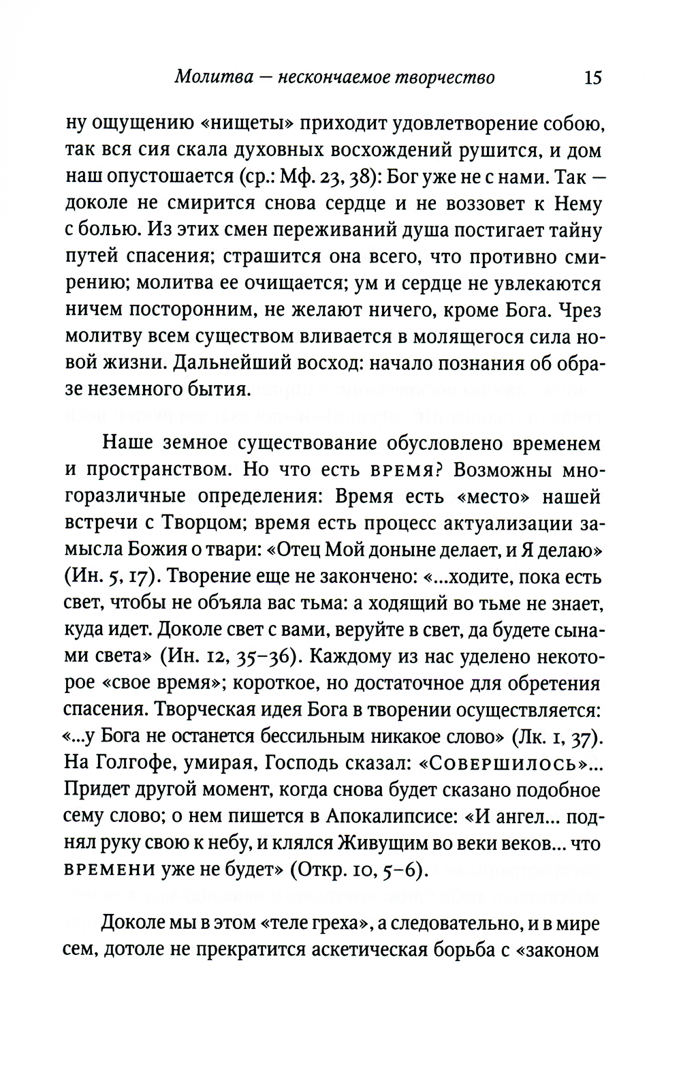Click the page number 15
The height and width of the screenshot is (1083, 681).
[592, 78]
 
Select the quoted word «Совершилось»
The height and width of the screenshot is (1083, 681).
[511, 763]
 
